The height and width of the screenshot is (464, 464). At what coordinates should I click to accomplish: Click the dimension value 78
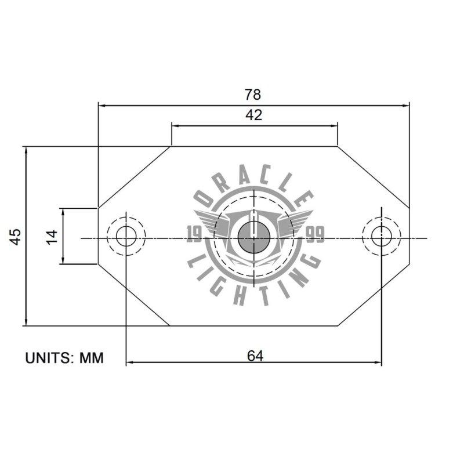coord(253,94)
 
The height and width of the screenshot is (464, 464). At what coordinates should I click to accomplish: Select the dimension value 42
coord(253,115)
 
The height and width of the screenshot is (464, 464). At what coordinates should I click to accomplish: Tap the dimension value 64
coord(255,356)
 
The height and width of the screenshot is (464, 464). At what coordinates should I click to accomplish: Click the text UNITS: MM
coord(64,358)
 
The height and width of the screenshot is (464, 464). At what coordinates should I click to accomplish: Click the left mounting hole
coord(125,236)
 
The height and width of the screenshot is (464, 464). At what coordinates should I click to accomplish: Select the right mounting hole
coord(381,236)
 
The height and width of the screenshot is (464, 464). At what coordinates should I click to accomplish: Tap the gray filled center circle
coord(253,237)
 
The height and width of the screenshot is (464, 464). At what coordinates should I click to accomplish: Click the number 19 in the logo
coord(194,234)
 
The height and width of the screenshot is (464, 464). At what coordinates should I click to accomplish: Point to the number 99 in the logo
coord(315,234)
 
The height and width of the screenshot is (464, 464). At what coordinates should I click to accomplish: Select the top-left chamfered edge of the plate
coord(134,177)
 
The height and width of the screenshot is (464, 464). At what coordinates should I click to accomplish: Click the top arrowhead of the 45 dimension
coord(26,150)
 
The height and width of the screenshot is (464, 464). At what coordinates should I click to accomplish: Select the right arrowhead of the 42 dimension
coord(334,125)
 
